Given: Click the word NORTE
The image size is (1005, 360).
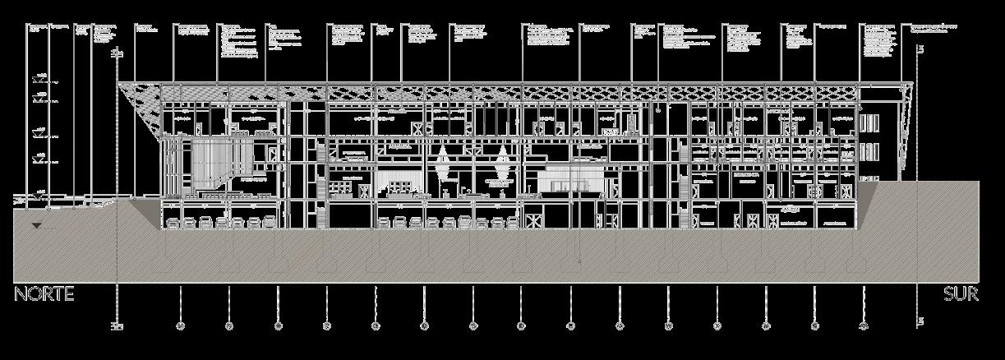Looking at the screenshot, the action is tap(44, 294).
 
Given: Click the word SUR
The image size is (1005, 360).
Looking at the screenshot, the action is tap(961, 294).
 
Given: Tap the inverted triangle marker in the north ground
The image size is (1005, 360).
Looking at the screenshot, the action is tap(35, 225).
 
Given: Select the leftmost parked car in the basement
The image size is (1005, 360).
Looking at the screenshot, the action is tap(174, 223).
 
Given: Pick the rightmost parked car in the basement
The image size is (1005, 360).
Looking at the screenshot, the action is tap(512, 223).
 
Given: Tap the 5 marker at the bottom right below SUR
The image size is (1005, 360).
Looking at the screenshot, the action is tap(921, 321).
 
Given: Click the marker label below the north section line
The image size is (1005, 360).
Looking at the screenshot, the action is tap(118, 326).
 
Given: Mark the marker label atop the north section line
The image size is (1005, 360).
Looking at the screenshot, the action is tap(118, 53).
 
